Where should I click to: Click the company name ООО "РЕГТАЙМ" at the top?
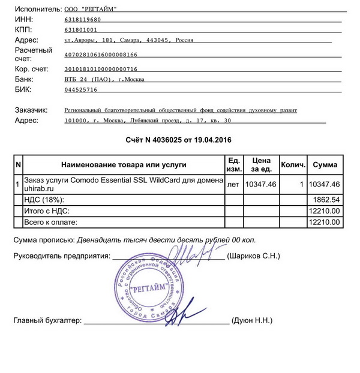91,10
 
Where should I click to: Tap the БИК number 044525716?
80,89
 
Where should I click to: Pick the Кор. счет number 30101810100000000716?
101,69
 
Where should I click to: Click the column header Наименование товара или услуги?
123,164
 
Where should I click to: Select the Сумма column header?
325,164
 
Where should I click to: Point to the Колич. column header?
294,164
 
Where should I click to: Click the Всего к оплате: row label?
51,222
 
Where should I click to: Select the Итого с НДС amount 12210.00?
324,210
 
